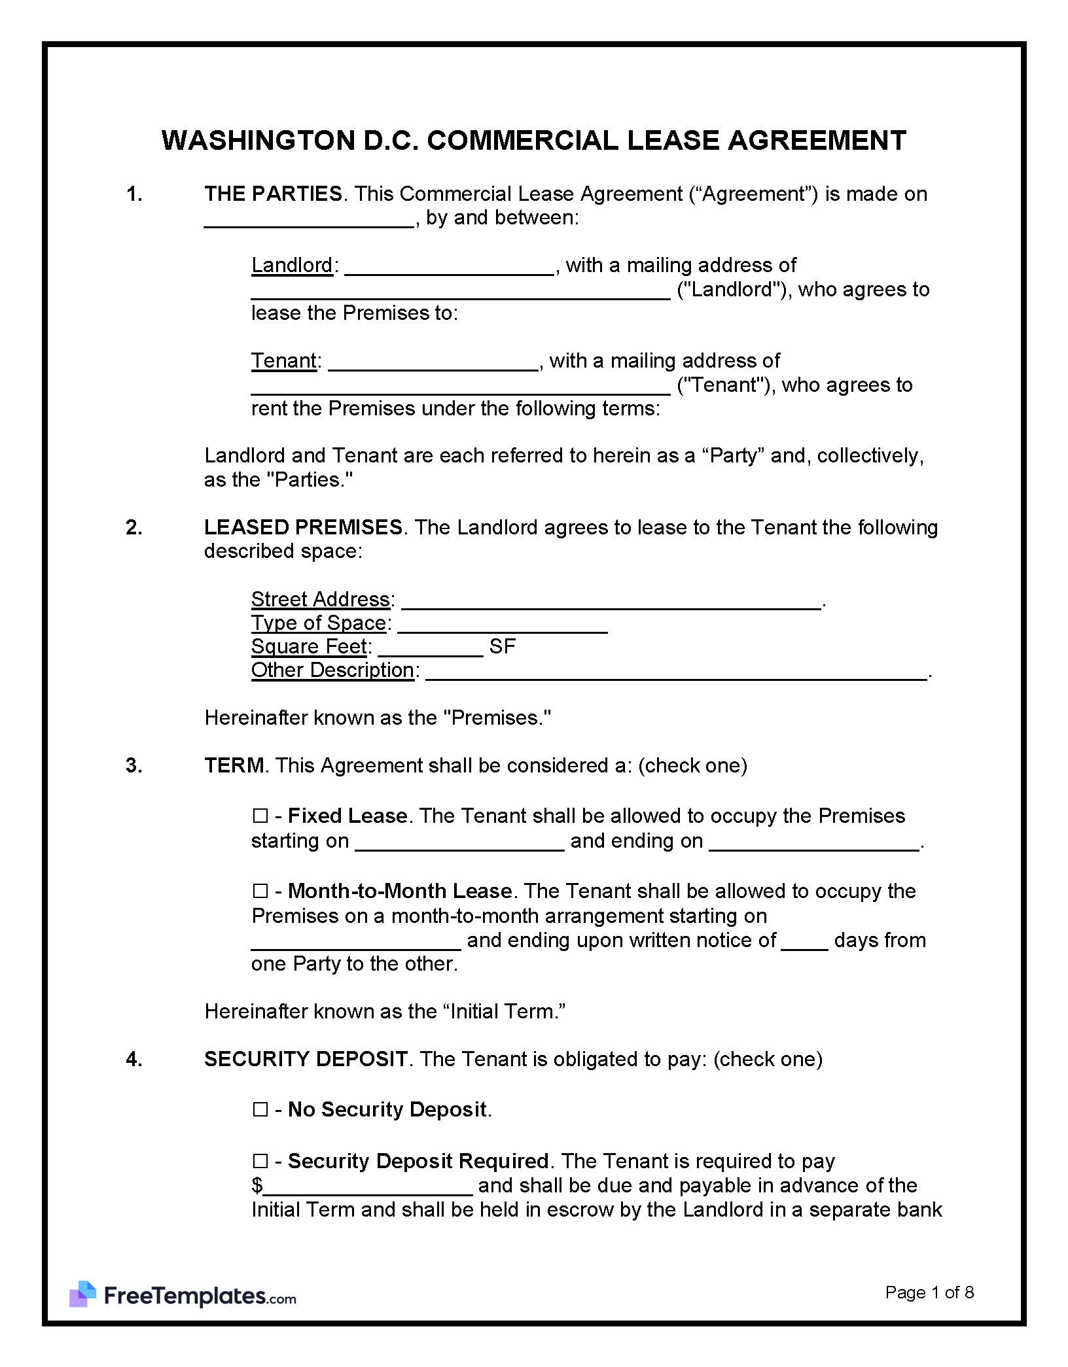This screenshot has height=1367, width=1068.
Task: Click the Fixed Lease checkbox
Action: coord(260,816)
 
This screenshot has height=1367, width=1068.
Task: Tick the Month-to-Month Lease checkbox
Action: coord(260,891)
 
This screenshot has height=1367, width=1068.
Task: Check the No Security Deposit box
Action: coord(260,1109)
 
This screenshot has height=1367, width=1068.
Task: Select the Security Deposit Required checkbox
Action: coord(260,1161)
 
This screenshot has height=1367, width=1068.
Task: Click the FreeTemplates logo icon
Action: coord(83,1294)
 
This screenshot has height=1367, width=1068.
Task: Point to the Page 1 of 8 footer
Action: coord(929,1292)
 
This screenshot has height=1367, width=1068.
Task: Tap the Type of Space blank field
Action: coord(503,625)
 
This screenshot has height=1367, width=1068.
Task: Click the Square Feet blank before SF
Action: coord(430,649)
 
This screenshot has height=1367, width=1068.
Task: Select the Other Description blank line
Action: coord(676,672)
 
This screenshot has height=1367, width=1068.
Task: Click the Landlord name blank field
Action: coord(449,268)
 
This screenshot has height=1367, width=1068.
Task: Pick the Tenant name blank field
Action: coord(433,363)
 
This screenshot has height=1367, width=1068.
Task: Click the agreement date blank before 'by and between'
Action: coord(309,220)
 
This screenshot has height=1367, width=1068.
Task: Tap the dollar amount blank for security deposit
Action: coord(368,1186)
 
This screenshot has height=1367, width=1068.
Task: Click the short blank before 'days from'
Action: coord(804,942)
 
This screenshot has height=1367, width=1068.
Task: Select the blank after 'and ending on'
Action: coord(814,842)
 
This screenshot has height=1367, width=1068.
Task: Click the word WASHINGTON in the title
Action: coord(258,141)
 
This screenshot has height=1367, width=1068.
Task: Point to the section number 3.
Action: coord(133,765)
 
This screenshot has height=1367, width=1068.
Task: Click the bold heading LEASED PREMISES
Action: coord(303,527)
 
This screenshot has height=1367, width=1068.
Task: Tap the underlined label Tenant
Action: coord(284,361)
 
